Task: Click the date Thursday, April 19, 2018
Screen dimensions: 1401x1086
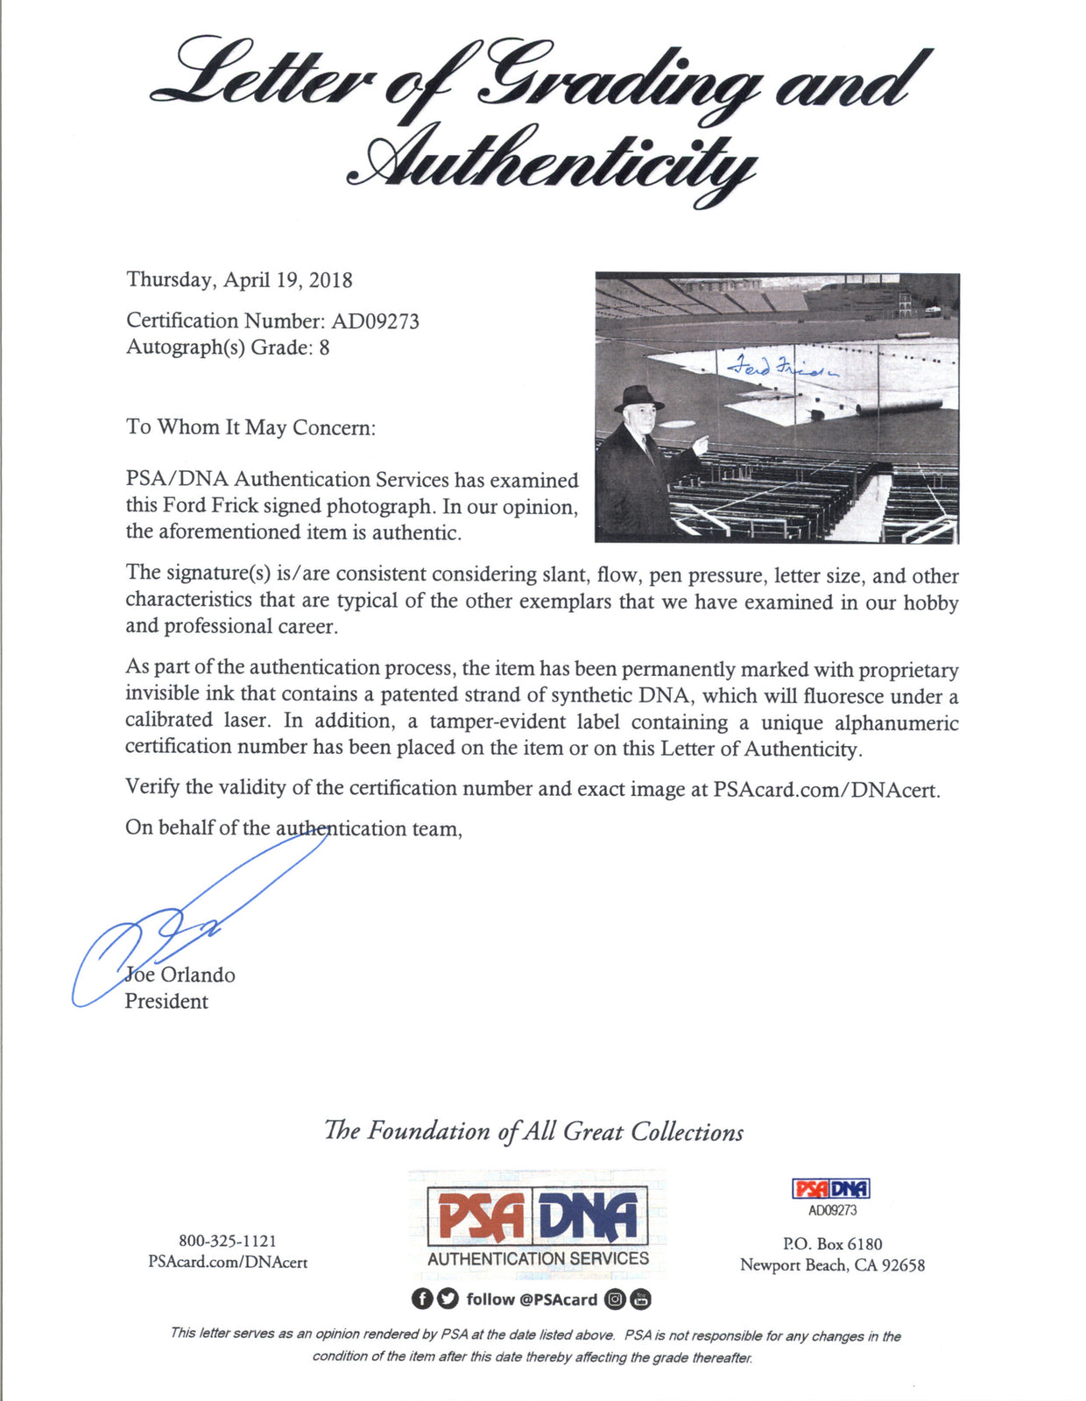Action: click(x=239, y=280)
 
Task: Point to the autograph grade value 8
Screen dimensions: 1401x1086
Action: click(x=324, y=348)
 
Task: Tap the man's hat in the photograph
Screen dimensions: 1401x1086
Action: click(x=638, y=398)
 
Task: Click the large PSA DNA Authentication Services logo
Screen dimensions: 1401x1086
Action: click(x=538, y=1224)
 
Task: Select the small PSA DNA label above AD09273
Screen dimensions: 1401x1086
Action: click(x=831, y=1188)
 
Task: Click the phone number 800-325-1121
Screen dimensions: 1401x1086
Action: click(x=228, y=1241)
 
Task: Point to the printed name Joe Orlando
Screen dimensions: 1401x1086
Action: click(x=180, y=975)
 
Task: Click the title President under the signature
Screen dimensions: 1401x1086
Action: click(x=166, y=1001)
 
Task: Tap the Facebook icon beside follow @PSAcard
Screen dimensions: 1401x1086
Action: click(x=422, y=1299)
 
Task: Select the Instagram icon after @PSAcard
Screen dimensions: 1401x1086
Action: click(x=616, y=1299)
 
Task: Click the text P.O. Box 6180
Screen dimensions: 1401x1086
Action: click(x=832, y=1243)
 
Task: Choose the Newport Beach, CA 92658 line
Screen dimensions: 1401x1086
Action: click(x=832, y=1265)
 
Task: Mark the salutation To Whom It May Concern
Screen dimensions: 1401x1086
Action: click(x=250, y=427)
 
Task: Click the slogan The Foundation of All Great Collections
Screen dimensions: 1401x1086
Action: click(x=533, y=1131)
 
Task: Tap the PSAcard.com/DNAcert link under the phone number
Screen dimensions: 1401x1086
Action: click(x=228, y=1263)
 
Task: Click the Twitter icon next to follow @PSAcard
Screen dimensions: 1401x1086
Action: click(x=448, y=1299)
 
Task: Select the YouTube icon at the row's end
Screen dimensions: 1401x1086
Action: click(x=641, y=1299)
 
